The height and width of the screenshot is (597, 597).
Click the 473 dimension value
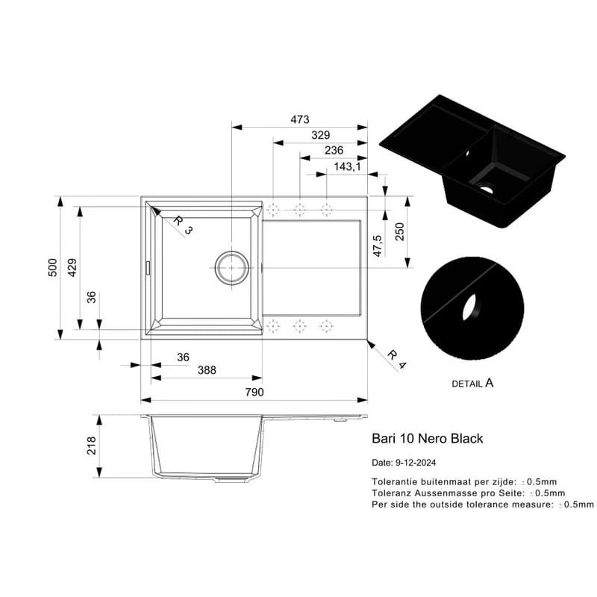tap(300, 119)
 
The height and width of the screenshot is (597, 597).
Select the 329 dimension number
tap(321, 135)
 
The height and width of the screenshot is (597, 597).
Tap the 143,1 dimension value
tap(347, 166)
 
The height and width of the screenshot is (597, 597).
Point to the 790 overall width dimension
tap(254, 393)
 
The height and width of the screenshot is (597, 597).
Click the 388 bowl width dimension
tap(207, 370)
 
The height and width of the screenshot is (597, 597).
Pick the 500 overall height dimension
tap(52, 267)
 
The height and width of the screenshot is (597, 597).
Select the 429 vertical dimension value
tap(72, 267)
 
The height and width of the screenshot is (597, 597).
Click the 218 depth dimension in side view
tap(91, 446)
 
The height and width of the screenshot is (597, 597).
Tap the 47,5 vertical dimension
tap(378, 246)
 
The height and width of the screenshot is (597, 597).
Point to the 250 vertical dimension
tap(399, 231)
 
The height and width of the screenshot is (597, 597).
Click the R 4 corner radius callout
tap(397, 360)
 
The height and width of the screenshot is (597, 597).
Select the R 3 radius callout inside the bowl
tap(183, 225)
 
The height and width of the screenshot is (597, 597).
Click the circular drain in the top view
tap(232, 268)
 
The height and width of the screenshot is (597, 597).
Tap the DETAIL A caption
tap(472, 383)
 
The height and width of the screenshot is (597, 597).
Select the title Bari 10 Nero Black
tap(427, 439)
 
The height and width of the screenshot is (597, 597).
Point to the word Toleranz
tap(391, 493)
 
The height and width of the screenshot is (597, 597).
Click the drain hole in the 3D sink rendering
tap(486, 188)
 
